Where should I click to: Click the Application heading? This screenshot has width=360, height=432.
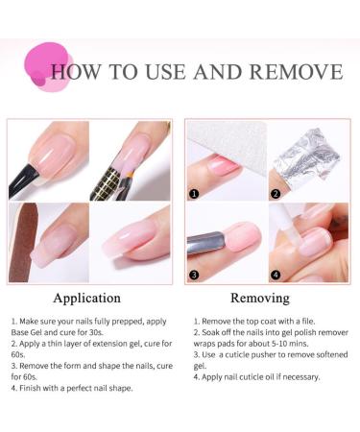point(86,298)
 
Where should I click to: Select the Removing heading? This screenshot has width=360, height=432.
point(260,298)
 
